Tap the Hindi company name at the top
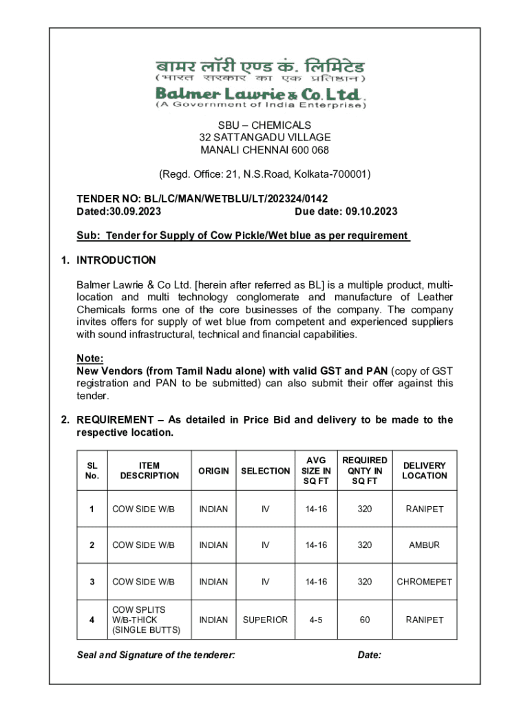(260, 67)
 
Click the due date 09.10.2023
(371, 211)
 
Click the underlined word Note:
(89, 358)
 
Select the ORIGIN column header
(213, 471)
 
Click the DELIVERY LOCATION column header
(425, 471)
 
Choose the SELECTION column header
(265, 471)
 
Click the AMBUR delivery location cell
(425, 545)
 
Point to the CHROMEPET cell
(425, 582)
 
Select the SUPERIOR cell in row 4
(265, 620)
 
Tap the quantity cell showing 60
(365, 620)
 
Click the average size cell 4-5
(316, 620)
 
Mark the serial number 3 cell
(92, 582)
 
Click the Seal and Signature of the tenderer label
(156, 655)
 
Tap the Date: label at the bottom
(370, 655)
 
